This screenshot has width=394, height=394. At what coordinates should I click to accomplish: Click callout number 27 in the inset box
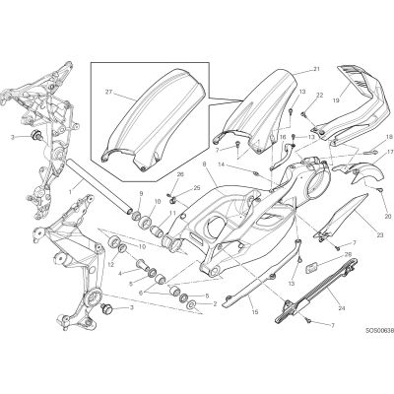(109, 93)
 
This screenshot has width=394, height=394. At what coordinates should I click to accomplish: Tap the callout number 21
(316, 69)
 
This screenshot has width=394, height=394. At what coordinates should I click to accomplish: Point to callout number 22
(320, 96)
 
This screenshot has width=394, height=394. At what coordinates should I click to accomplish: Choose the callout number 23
(380, 235)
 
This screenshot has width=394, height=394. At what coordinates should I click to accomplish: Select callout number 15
(255, 312)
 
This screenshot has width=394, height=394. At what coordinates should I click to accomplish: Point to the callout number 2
(215, 304)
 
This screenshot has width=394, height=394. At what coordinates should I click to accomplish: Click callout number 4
(120, 273)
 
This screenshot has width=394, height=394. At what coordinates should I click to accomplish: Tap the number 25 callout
(197, 188)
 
